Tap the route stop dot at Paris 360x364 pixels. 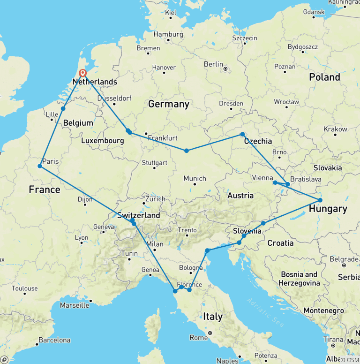pyautogui.click(x=40, y=166)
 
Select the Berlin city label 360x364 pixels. pyautogui.click(x=213, y=64)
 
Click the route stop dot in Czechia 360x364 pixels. pyautogui.click(x=242, y=135)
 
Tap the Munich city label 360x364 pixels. pyautogui.click(x=195, y=178)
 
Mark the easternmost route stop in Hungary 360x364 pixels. pyautogui.click(x=320, y=200)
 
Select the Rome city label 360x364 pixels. pyautogui.click(x=198, y=338)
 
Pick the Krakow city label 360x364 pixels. pyautogui.click(x=335, y=129)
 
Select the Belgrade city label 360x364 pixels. pyautogui.click(x=344, y=259)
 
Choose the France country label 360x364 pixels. pyautogui.click(x=45, y=190)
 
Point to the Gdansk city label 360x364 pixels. pyautogui.click(x=315, y=11)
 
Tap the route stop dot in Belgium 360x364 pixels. pyautogui.click(x=63, y=109)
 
